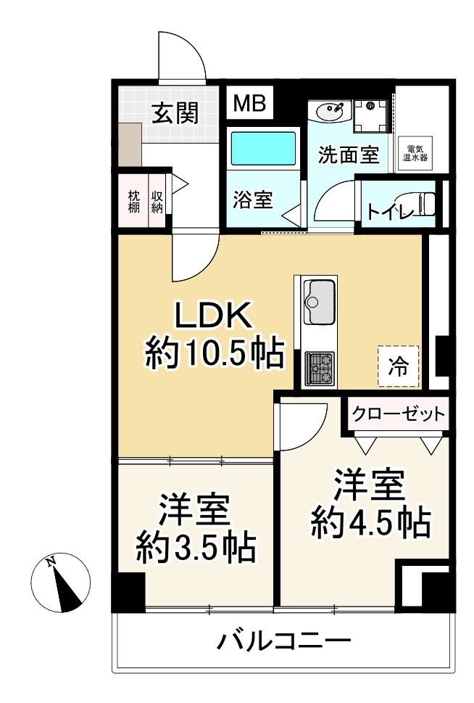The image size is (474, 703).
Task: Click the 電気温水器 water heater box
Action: pos(415,153)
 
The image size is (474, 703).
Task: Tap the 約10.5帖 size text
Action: pos(212,355)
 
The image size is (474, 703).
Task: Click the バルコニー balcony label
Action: pos(284,641)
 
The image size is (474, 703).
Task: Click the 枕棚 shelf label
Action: pos(134,202)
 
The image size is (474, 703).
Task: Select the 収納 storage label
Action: pos(157,202)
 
